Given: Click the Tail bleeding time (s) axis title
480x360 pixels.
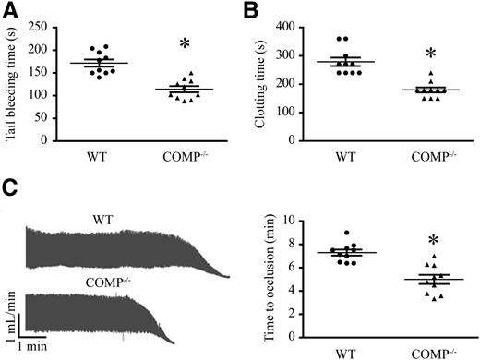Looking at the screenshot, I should [12, 83].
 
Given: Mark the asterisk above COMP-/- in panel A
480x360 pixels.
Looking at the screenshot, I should [186, 44].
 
